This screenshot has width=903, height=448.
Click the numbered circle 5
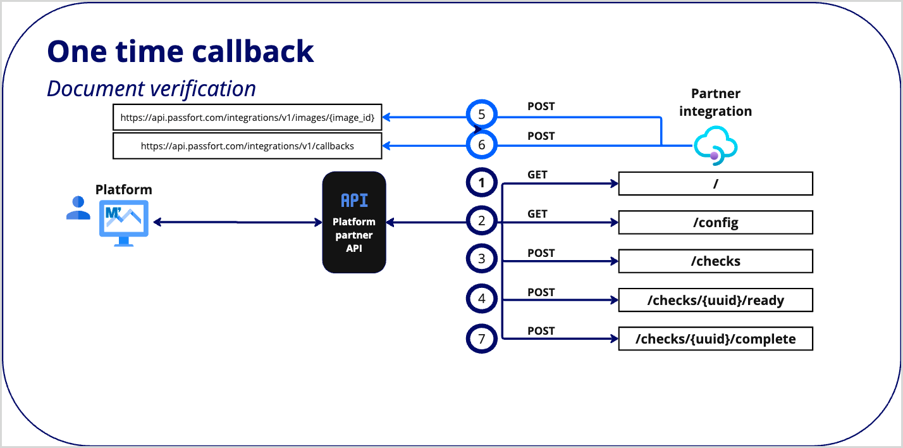[482, 116]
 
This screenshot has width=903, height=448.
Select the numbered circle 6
[482, 146]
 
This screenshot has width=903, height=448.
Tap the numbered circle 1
[482, 184]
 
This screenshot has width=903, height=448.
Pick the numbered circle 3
[482, 259]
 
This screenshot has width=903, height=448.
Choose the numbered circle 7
[482, 339]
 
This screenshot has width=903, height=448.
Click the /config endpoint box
[715, 223]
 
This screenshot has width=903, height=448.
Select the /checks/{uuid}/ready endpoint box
[715, 300]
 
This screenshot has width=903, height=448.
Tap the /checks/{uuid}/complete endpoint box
[715, 339]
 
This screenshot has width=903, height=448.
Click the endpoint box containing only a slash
[715, 184]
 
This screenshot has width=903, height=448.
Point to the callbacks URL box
[247, 146]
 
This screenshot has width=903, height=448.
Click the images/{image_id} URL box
[247, 117]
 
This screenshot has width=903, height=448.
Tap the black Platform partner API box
[354, 222]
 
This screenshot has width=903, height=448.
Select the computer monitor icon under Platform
[123, 223]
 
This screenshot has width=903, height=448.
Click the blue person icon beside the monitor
[78, 208]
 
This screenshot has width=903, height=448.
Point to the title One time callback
[180, 52]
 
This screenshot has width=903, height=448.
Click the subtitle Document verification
[152, 89]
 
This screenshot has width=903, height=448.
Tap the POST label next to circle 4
[541, 292]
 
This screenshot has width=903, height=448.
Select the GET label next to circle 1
[537, 175]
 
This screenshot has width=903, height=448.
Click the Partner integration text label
[715, 103]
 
